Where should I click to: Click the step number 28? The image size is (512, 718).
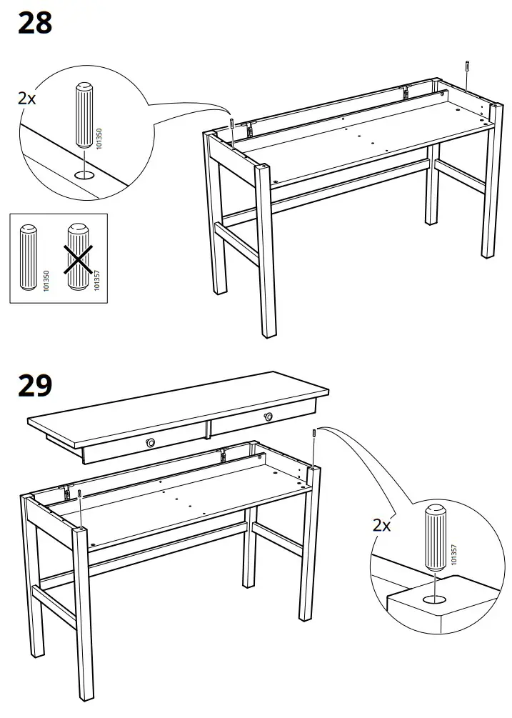tap(35, 23)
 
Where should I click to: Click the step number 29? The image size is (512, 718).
tap(35, 386)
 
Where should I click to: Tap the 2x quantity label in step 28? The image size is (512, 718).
tap(26, 99)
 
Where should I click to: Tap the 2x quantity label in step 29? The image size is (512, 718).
tap(382, 525)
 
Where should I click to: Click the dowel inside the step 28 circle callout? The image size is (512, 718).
tap(83, 118)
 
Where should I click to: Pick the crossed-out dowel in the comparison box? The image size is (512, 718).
tap(81, 257)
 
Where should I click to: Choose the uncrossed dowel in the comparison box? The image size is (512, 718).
tap(29, 258)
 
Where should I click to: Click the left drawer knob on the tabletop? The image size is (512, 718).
tap(151, 444)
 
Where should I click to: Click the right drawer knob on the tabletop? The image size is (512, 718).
tap(269, 417)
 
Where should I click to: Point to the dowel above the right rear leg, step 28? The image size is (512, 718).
tap(466, 66)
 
